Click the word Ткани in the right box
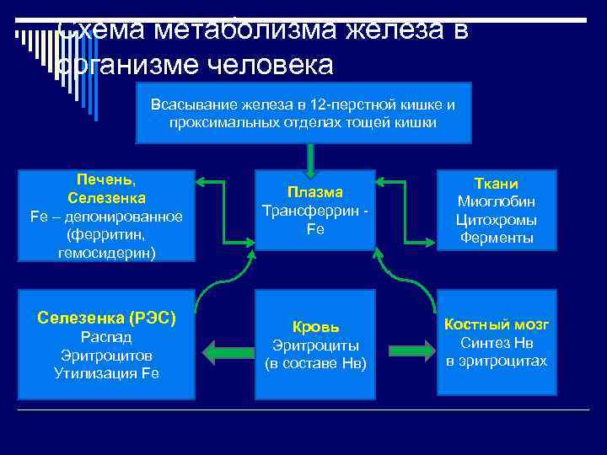point(497,184)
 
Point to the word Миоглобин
point(497,201)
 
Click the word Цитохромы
point(497,220)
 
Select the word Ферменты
point(497,238)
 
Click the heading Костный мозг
point(497,324)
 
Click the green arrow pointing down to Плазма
point(311,159)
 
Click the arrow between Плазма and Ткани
point(406,181)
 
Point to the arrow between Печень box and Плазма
point(225,181)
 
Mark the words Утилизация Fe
point(106,373)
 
